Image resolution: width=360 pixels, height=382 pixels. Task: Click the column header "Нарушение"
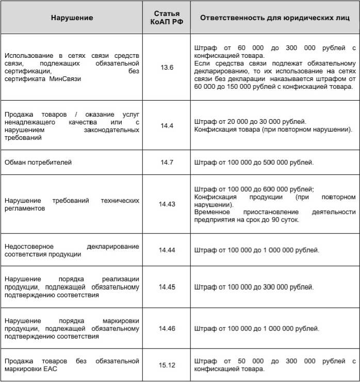(72, 18)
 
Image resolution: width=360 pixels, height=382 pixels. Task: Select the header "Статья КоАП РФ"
(167, 18)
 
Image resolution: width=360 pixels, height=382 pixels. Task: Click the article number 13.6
(167, 68)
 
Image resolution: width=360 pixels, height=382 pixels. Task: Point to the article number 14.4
(167, 125)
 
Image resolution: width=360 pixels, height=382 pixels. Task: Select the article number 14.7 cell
(167, 163)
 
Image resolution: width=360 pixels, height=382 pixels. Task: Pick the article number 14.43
(167, 204)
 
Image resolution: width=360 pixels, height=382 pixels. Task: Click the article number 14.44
(167, 250)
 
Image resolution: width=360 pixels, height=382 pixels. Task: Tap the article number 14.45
(167, 286)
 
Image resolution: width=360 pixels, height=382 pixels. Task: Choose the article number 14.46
(167, 328)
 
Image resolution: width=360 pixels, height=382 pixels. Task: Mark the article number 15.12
(167, 365)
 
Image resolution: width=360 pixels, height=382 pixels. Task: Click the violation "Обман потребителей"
(38, 163)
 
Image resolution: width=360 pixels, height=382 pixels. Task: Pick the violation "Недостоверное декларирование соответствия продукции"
(71, 250)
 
